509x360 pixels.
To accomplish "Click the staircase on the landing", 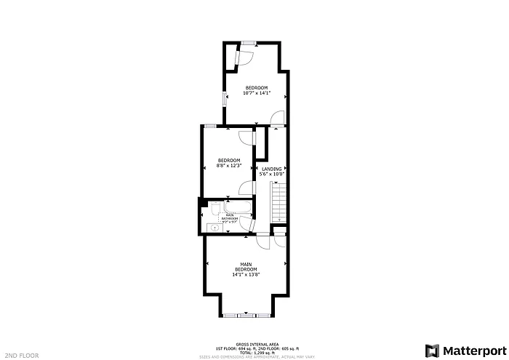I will [279, 203].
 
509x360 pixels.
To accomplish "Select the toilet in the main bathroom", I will [217, 211].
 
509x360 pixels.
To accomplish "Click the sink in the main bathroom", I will [214, 228].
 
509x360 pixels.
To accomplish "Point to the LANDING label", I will [272, 169].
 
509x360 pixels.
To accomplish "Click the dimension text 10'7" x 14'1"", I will [256, 92].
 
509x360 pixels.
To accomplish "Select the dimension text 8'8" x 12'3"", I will [229, 165].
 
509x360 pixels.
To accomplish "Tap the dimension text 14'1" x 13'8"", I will [245, 275].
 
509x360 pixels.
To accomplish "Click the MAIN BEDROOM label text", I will [245, 266].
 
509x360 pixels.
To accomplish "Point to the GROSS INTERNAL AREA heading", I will [254, 344].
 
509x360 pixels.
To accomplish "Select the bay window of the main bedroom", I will [247, 315].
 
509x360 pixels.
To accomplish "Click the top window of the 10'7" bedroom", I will [249, 42].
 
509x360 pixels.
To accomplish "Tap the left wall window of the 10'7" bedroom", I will [224, 98].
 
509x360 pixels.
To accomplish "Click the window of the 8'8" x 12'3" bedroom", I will [209, 125].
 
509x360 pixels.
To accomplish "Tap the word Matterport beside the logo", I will [470, 350].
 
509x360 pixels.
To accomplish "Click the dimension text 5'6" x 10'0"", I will [272, 174].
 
